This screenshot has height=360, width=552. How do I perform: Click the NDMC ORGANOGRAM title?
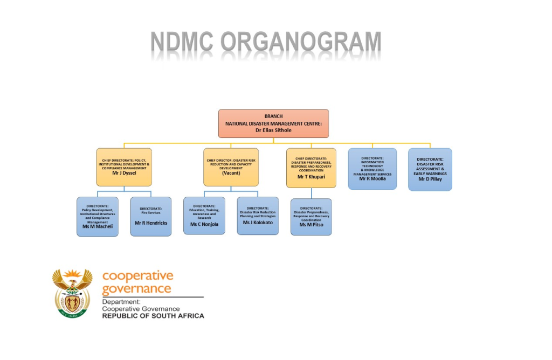[266, 42]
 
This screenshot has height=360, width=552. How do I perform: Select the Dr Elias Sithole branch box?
[273, 123]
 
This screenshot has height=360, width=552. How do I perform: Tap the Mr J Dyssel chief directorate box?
[124, 167]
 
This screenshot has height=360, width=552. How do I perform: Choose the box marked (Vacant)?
[231, 167]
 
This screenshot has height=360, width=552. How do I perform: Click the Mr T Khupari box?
[311, 168]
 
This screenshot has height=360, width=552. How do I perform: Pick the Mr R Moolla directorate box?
[372, 169]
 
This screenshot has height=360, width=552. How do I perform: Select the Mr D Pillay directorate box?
[430, 169]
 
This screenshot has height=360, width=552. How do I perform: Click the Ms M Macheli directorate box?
[98, 217]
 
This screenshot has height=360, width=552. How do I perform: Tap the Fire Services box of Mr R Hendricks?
[151, 216]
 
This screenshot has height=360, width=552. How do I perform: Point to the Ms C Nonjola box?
[204, 216]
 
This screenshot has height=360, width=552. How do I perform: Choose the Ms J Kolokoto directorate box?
[258, 216]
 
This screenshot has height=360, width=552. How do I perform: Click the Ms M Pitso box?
[311, 217]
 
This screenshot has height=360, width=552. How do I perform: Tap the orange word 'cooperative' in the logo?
[138, 276]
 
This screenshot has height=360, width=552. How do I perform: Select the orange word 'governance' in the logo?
[136, 288]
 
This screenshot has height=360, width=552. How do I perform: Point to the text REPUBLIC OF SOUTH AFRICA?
[153, 316]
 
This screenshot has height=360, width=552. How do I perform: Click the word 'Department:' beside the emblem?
[121, 302]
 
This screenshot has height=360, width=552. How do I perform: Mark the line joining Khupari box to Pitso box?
[311, 193]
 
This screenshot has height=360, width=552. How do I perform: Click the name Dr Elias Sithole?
[273, 130]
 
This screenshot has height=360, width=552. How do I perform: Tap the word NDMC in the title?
[182, 42]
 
